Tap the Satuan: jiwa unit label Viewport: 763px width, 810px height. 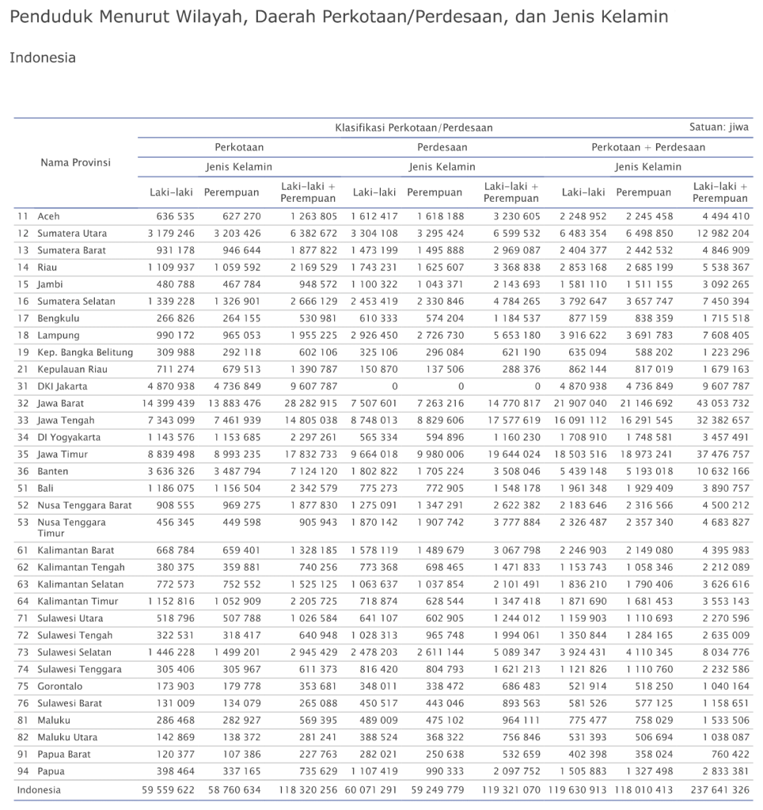pos(719,127)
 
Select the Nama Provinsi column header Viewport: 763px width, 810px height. pos(75,162)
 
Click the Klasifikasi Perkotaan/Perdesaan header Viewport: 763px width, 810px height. pos(413,127)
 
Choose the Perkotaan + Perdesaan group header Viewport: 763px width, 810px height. pos(647,147)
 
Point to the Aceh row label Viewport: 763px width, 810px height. pos(48,216)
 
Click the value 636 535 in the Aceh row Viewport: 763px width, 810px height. pos(172,216)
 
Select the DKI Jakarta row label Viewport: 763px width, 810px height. pos(63,386)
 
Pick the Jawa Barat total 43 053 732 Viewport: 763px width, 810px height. pos(720,403)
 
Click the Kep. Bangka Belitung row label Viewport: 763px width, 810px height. pos(85,352)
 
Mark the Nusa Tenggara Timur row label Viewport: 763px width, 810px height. pos(71,527)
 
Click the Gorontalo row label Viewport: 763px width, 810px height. pos(60,686)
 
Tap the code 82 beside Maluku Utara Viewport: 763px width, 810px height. pos(23,737)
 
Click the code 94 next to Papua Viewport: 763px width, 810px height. pos(23,771)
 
